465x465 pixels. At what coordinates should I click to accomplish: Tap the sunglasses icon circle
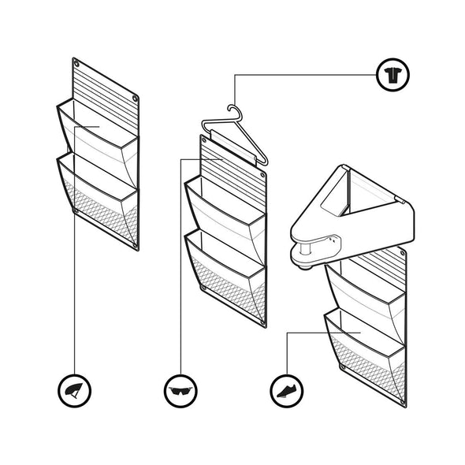click(180, 389)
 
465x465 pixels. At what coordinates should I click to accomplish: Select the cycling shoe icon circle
click(286, 389)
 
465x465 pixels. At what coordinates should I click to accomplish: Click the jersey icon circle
click(391, 76)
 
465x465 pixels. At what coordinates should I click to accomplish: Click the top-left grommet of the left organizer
click(76, 61)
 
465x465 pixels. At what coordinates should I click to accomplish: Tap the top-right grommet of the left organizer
click(136, 99)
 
